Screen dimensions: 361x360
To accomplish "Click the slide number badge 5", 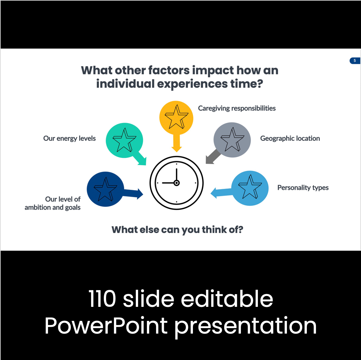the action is click(x=355, y=61).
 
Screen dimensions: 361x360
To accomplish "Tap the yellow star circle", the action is click(x=176, y=118).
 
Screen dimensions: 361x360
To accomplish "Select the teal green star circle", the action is click(x=124, y=140).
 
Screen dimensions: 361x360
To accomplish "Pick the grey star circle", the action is click(x=232, y=140).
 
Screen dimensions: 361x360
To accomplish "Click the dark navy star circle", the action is click(x=105, y=189).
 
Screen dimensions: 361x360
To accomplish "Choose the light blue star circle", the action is click(x=250, y=188).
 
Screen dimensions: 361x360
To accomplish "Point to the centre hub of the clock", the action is click(x=177, y=183).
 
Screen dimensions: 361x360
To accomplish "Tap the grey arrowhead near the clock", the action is click(x=210, y=159).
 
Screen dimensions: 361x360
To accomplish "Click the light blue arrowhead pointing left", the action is click(x=214, y=193).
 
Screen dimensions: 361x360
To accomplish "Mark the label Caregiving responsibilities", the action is click(x=237, y=108).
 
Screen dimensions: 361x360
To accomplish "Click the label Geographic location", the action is click(x=290, y=139).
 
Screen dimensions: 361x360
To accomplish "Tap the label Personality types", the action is click(x=303, y=188).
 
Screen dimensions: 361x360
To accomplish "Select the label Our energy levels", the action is click(x=69, y=139).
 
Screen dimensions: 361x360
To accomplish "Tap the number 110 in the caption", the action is click(x=102, y=299).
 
